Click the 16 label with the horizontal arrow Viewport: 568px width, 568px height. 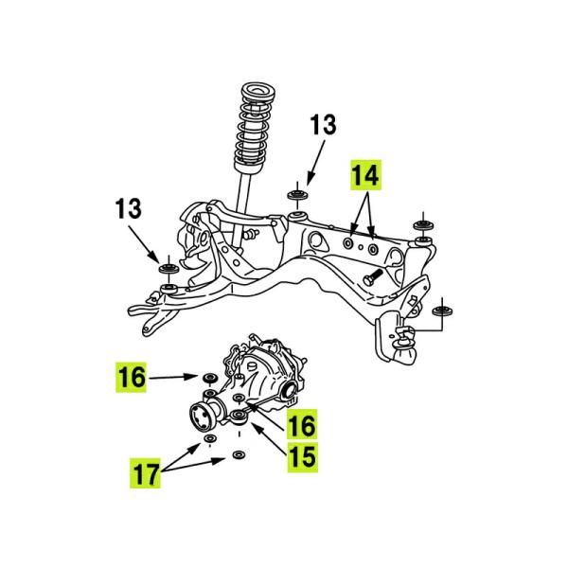pyautogui.click(x=133, y=380)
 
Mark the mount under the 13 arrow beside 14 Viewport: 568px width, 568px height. pyautogui.click(x=296, y=197)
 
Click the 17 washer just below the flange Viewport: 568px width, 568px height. pyautogui.click(x=209, y=443)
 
